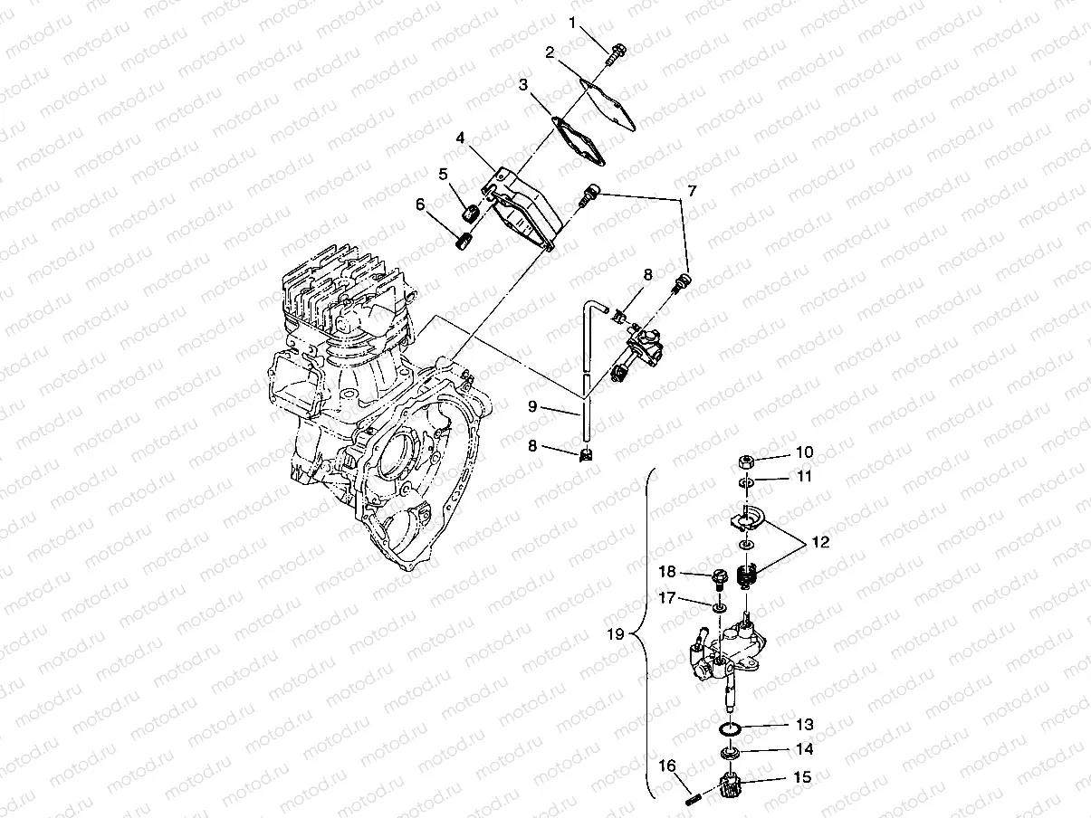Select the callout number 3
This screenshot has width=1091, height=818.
coord(524,85)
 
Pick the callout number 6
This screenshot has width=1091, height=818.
coord(420,204)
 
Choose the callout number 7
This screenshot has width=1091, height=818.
coord(692,192)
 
